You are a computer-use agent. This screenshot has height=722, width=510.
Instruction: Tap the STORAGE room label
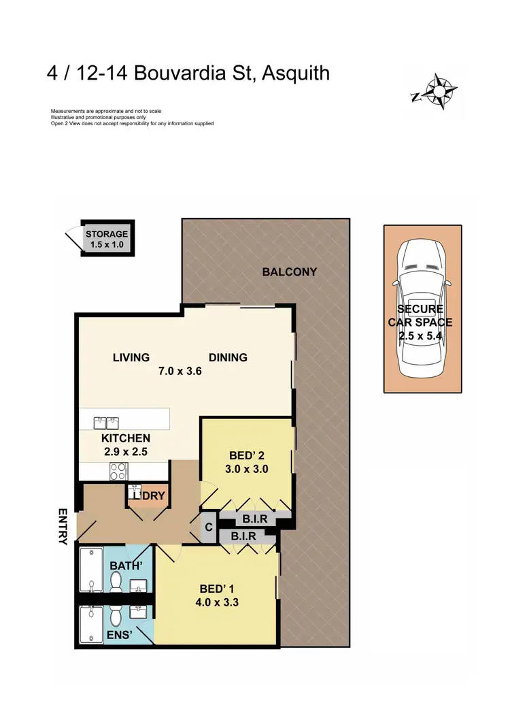[x=106, y=234]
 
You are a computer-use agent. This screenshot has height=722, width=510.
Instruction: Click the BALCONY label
[x=290, y=272]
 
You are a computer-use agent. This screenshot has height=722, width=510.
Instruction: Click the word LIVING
[x=131, y=357]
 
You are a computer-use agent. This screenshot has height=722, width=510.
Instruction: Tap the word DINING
[x=228, y=357]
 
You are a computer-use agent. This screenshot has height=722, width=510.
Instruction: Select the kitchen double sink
[x=106, y=423]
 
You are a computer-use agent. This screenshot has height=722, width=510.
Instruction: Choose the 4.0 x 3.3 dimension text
[x=217, y=602]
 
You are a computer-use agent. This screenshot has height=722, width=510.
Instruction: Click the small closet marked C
[x=209, y=527]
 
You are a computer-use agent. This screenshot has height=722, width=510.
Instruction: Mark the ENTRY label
[x=63, y=527]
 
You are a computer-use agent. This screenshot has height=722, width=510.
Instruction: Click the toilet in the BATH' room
[x=116, y=582]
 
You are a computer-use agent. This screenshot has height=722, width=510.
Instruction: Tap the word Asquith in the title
[x=290, y=72]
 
